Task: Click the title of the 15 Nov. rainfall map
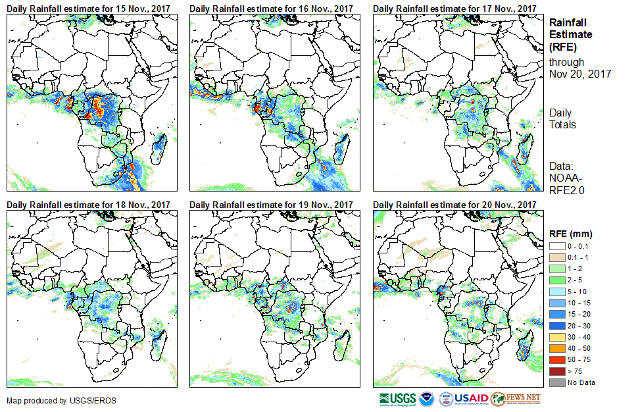(88, 9)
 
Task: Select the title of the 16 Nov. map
(271, 9)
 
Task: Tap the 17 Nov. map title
(454, 9)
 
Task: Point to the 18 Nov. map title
(88, 205)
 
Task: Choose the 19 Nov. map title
(271, 205)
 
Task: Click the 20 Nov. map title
(454, 205)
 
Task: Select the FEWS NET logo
(516, 399)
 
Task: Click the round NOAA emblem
(428, 399)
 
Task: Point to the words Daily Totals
(562, 118)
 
